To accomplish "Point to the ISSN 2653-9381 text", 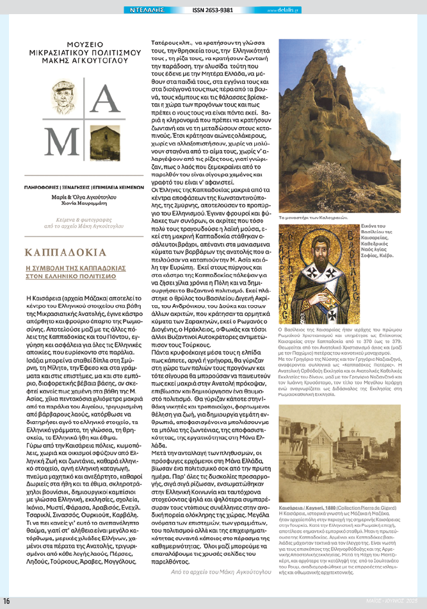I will point(213,10).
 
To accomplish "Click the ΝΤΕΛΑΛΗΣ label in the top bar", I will point(146,10).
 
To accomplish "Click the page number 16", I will point(6,601).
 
